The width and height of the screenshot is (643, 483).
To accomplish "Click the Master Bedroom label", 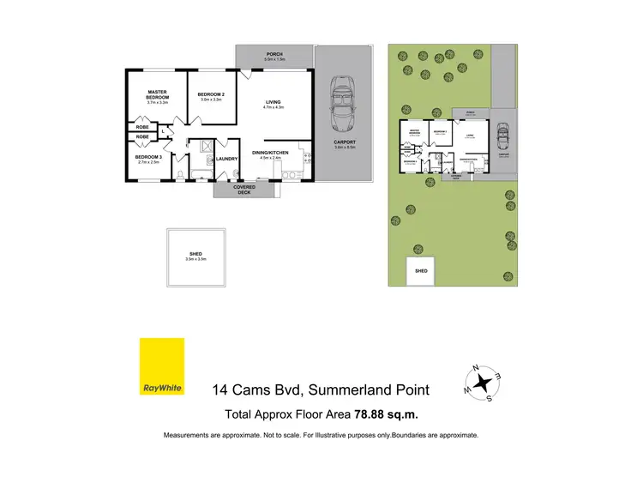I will click(156, 93).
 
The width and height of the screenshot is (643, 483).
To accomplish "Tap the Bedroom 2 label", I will click(211, 94).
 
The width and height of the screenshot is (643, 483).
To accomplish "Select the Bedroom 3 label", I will click(148, 157).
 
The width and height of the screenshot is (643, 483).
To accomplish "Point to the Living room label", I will click(273, 104).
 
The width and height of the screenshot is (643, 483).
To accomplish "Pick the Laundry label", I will click(227, 159).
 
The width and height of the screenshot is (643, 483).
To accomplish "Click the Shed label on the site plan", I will click(421, 271).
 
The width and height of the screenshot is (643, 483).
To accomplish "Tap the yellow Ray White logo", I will click(162, 367).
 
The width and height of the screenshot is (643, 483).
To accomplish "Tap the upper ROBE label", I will click(142, 126).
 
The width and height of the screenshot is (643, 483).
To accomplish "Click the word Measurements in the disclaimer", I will click(189, 436).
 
